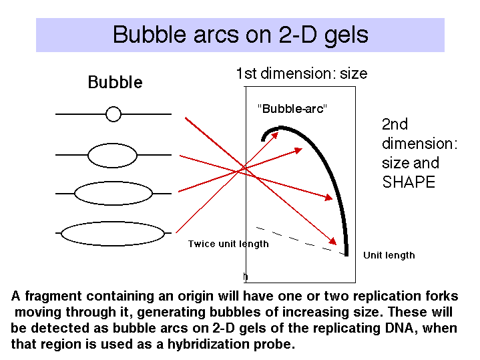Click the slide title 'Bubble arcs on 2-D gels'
240,35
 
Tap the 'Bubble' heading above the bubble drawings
115,82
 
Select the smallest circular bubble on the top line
113,114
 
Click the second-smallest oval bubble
112,156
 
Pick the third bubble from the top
113,193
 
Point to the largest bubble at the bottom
113,234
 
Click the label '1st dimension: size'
302,73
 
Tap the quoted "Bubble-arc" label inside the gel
292,108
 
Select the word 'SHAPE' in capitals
409,182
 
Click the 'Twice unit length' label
228,244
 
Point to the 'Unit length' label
389,255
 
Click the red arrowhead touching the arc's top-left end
274,136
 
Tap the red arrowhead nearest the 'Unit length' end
332,241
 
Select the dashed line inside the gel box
300,241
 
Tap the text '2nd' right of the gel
395,124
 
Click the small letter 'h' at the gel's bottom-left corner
245,277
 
